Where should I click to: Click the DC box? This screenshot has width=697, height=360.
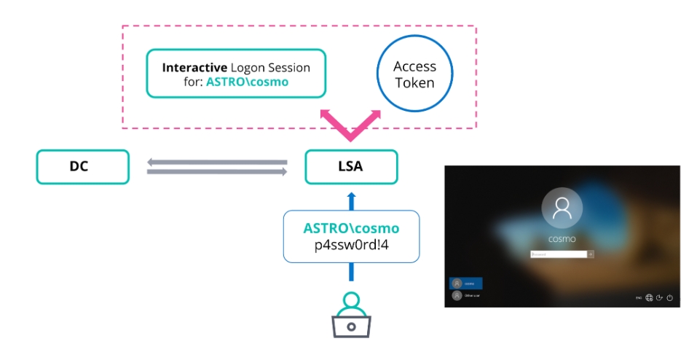click(x=82, y=167)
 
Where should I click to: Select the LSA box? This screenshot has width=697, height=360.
click(x=351, y=167)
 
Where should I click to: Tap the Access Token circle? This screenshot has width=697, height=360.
click(x=414, y=75)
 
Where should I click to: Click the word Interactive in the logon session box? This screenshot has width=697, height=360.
click(x=192, y=68)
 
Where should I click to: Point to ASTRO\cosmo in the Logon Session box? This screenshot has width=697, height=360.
click(x=247, y=82)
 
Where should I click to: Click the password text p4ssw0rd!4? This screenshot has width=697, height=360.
click(x=351, y=246)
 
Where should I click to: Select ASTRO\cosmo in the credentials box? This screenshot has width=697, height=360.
click(x=351, y=228)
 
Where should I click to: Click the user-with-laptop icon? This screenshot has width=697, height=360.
click(x=350, y=314)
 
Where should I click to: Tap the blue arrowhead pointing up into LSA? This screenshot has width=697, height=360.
click(x=351, y=196)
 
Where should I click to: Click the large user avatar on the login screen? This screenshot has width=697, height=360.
click(x=562, y=209)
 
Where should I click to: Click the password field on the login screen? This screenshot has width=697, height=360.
click(x=558, y=254)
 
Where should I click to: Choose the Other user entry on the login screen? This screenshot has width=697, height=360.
click(x=466, y=296)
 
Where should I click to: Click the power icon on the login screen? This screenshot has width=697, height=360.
click(x=669, y=297)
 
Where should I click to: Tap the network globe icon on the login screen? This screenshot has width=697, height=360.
click(x=648, y=297)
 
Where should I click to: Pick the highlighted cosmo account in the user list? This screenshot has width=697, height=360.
click(x=466, y=283)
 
